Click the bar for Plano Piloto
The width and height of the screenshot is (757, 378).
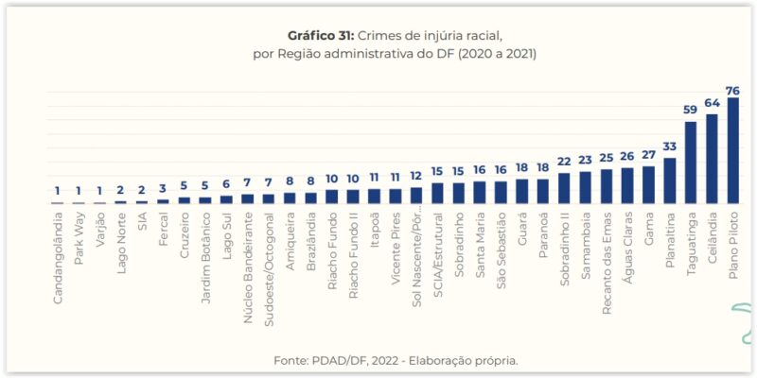732,151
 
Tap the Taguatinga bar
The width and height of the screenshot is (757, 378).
691,163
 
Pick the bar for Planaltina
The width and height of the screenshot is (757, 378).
670,180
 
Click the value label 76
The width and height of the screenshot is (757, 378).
732,91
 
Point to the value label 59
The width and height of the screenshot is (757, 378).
691,110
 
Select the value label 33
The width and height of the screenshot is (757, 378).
670,146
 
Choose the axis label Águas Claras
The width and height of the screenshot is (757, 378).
627,244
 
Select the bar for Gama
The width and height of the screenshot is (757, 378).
648,185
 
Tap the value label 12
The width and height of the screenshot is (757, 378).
416,177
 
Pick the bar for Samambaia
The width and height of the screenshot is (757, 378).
585,187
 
